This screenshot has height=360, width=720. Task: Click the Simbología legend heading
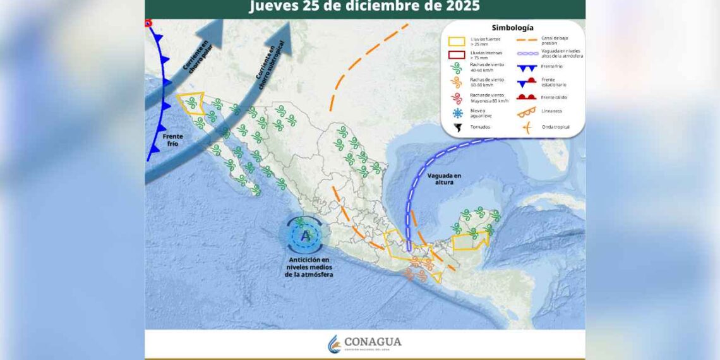pyautogui.click(x=512, y=28)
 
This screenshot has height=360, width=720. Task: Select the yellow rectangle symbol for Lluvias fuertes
pyautogui.click(x=457, y=42)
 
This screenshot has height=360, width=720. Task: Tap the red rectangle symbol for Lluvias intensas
pyautogui.click(x=457, y=56)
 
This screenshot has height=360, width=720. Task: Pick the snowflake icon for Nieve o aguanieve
pyautogui.click(x=457, y=113)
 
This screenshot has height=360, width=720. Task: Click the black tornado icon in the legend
pyautogui.click(x=457, y=127)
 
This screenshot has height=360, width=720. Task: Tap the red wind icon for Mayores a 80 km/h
pyautogui.click(x=457, y=98)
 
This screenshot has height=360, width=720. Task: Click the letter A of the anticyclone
pyautogui.click(x=306, y=236)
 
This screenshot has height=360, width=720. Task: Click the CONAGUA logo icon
pyautogui.click(x=334, y=344)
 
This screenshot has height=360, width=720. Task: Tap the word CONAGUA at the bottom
pyautogui.click(x=373, y=342)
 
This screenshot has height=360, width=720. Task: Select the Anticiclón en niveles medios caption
pyautogui.click(x=309, y=267)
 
